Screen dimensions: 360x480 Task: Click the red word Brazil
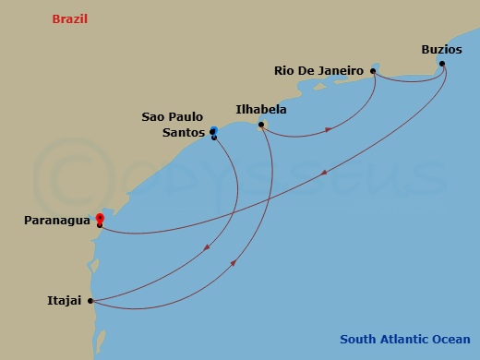(x=69, y=18)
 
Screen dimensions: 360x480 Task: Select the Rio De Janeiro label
(x=318, y=70)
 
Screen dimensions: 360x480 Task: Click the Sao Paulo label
(x=173, y=117)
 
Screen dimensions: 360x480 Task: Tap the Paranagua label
(x=57, y=221)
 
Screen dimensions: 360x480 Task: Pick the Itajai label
(x=65, y=300)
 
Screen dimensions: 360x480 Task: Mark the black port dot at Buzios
(x=442, y=64)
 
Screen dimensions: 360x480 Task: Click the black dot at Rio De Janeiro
(x=373, y=70)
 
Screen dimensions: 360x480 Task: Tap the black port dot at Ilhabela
(x=262, y=125)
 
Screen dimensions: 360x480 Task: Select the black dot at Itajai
(x=90, y=300)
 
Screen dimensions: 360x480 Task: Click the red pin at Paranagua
(x=99, y=218)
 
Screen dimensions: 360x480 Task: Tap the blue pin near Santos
(x=214, y=132)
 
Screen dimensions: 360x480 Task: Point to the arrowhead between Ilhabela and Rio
(x=329, y=130)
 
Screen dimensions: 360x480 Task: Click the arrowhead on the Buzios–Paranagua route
(x=325, y=173)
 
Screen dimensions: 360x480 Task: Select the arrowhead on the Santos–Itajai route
(x=206, y=246)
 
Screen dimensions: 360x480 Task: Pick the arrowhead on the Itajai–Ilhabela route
(x=234, y=263)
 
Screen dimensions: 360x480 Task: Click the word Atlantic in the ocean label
(x=405, y=339)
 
